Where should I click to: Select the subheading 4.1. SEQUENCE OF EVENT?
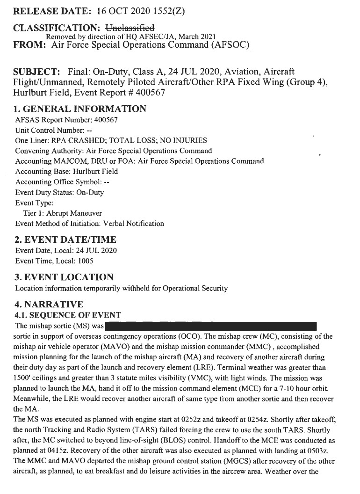click(x=68, y=315)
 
